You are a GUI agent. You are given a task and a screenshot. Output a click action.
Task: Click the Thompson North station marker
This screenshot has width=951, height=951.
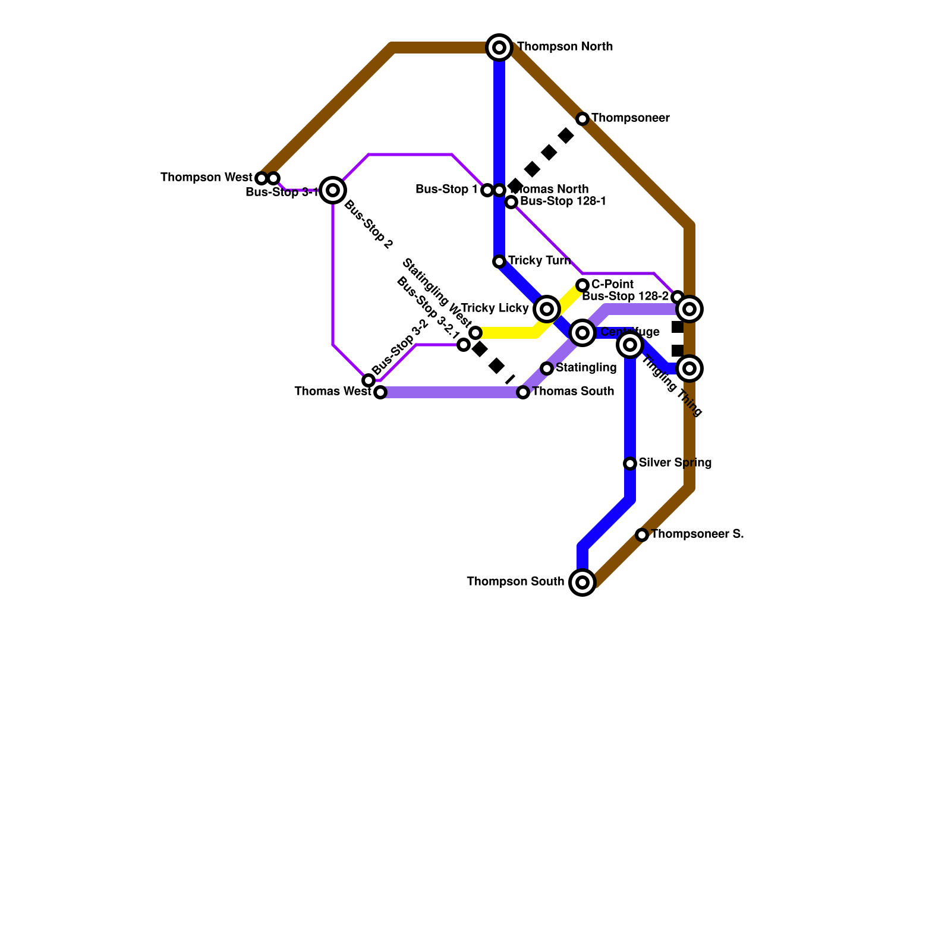tap(500, 48)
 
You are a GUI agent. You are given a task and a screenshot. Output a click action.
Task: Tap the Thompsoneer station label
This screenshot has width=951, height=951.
tap(630, 118)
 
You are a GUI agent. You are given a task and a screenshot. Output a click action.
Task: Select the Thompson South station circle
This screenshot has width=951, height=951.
tap(582, 582)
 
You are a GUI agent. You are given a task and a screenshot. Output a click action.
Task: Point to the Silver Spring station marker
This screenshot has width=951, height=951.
tap(630, 464)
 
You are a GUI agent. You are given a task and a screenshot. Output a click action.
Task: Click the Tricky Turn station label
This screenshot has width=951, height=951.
tap(539, 261)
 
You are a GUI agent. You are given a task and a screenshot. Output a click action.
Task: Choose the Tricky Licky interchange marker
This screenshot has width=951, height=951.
tap(547, 309)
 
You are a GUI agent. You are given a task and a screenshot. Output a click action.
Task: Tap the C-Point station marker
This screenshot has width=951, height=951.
tap(582, 285)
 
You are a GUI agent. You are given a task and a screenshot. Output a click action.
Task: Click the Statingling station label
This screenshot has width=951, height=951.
tap(586, 368)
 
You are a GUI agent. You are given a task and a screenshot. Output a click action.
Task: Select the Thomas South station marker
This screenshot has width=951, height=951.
tap(523, 392)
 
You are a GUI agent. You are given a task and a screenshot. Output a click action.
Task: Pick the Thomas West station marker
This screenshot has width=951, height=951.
tap(380, 392)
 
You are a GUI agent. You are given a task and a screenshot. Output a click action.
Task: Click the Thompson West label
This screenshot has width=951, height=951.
tap(206, 178)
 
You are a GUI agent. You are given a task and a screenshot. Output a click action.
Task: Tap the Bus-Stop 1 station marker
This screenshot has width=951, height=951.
tap(487, 190)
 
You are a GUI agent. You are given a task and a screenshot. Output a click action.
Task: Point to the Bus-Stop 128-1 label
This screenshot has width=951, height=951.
tap(563, 201)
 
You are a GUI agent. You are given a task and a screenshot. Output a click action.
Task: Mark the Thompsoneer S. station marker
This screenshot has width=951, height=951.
tap(642, 535)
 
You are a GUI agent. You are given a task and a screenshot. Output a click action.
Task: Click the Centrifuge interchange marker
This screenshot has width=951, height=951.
tap(582, 333)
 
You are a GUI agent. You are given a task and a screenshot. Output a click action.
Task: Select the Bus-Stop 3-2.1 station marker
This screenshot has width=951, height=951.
tap(464, 345)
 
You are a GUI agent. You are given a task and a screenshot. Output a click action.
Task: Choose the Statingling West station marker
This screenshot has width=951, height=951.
tap(475, 333)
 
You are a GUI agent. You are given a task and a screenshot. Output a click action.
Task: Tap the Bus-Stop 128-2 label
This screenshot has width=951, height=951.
tap(625, 296)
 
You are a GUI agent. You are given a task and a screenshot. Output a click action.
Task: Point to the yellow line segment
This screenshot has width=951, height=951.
tap(511, 333)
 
